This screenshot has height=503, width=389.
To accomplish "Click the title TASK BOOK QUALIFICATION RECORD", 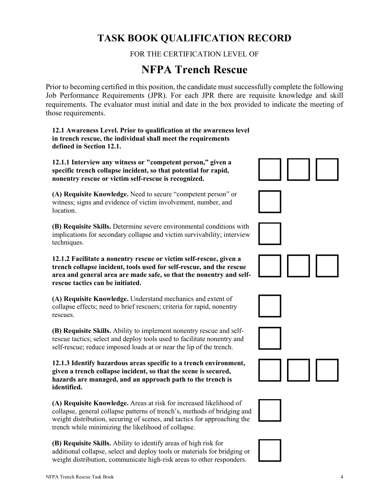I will [x=194, y=38].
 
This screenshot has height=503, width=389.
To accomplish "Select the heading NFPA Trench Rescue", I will [x=194, y=70].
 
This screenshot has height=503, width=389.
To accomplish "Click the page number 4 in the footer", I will [x=342, y=477].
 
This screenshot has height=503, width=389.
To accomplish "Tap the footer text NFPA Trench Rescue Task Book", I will [x=80, y=477].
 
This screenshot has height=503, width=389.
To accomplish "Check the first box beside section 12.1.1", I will [x=270, y=169].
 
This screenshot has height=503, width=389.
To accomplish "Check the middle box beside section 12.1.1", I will [x=298, y=169].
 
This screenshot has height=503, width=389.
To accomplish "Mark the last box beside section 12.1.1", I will [x=327, y=169].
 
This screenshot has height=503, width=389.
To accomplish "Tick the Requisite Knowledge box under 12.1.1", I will [x=270, y=202].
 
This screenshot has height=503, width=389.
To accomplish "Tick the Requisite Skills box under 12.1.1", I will [x=270, y=234].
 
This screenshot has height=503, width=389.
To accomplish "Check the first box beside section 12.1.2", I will [x=270, y=266].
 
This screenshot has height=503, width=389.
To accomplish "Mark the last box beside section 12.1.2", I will [x=327, y=266].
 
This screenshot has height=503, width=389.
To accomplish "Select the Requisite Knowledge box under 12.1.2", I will [x=270, y=306].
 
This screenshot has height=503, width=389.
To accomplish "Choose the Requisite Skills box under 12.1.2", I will [x=270, y=338].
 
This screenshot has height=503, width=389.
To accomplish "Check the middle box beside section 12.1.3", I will [x=298, y=370].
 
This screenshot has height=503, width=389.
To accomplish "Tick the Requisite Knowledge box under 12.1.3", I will [x=270, y=410].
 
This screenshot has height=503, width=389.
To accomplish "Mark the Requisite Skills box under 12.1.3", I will [x=270, y=450].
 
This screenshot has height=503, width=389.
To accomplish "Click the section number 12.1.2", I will [x=61, y=259].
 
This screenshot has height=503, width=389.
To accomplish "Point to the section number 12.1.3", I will [x=61, y=363].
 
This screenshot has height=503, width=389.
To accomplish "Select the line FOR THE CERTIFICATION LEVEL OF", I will [x=194, y=54].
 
